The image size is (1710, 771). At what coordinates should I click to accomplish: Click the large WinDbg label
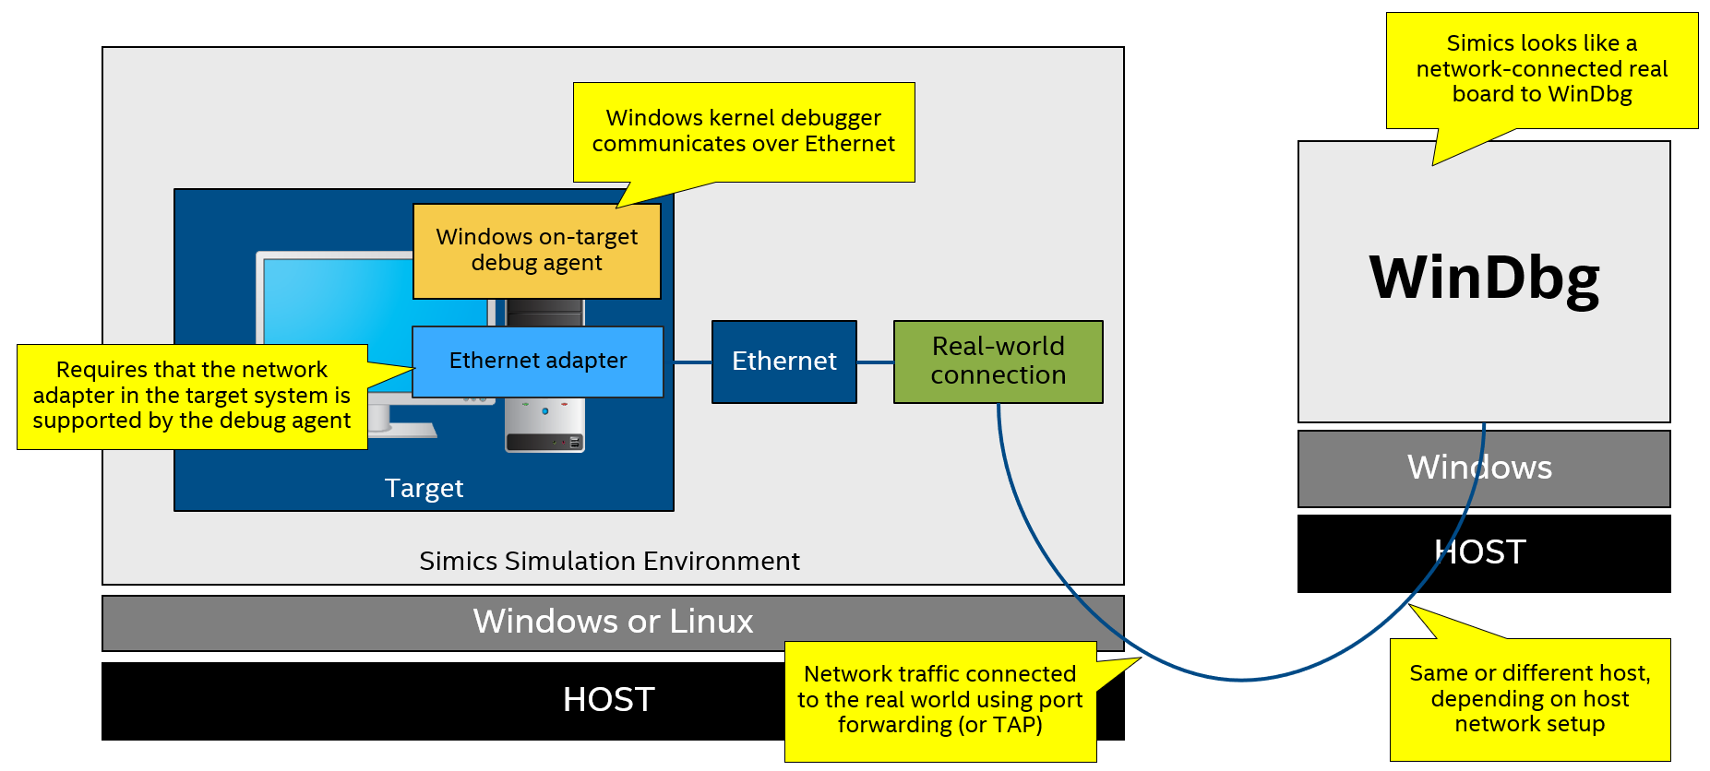[1484, 278]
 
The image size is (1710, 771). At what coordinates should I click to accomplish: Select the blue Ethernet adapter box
[537, 361]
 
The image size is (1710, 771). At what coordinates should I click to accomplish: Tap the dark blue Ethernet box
[783, 361]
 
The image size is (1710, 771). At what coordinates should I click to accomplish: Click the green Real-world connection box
[998, 361]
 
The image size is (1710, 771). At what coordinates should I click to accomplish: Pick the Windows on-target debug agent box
[536, 250]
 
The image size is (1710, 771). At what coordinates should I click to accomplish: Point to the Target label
[424, 488]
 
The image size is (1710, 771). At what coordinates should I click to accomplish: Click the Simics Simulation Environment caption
[609, 561]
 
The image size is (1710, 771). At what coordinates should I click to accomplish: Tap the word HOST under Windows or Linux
[608, 700]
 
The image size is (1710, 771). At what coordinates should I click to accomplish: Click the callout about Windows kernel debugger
[743, 131]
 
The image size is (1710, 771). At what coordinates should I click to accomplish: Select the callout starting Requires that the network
[191, 396]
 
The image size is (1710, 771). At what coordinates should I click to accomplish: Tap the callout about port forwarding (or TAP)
[939, 700]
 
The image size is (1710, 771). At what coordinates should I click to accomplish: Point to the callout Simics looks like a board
[1541, 69]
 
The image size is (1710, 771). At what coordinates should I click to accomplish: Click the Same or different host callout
[1529, 699]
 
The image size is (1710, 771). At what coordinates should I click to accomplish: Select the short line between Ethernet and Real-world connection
[875, 362]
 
